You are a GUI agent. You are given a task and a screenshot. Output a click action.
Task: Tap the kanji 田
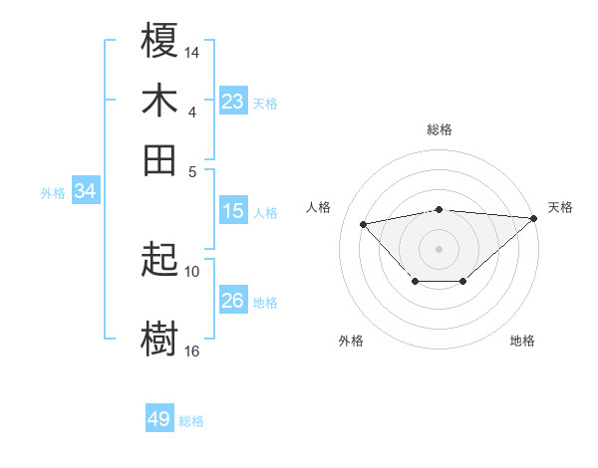(x=160, y=159)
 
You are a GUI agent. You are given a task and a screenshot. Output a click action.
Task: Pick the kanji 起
(x=160, y=262)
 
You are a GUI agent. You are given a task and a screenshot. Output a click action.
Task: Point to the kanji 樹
(x=160, y=340)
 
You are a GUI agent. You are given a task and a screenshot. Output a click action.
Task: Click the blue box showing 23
(x=233, y=102)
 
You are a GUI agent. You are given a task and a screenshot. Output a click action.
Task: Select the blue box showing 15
(x=233, y=211)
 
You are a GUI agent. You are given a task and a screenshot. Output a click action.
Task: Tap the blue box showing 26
(x=233, y=301)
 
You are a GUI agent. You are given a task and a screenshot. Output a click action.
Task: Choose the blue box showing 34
(x=86, y=192)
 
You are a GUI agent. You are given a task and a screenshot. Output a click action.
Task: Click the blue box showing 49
(x=159, y=419)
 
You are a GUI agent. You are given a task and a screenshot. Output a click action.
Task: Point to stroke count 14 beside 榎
(x=192, y=51)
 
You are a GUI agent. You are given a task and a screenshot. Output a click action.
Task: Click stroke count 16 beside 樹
(x=192, y=351)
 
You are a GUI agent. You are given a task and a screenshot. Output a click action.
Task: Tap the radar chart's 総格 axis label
(x=440, y=129)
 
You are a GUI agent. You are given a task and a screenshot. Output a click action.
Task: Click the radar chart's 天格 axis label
(x=560, y=207)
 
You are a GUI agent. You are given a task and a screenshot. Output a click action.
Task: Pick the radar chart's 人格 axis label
(x=319, y=207)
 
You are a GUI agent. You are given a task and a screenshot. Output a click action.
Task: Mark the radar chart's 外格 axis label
(x=351, y=341)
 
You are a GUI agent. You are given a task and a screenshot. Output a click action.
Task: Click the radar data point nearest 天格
(x=534, y=218)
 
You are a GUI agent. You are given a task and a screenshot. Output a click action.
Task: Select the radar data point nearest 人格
(x=364, y=223)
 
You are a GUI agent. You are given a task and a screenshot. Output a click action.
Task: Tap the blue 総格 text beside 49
(x=191, y=421)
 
